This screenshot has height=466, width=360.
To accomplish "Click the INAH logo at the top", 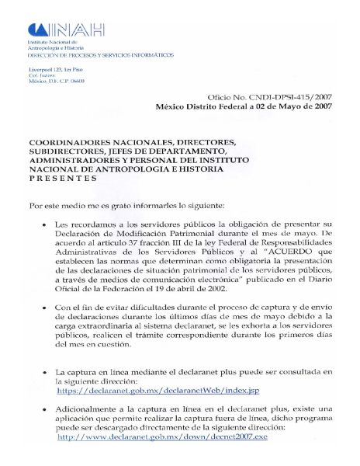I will pos(66,30).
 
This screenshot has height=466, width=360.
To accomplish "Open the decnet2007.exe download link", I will pos(162,437).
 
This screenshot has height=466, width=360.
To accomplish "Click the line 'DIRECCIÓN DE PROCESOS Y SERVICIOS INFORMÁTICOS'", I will pos(100,55).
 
